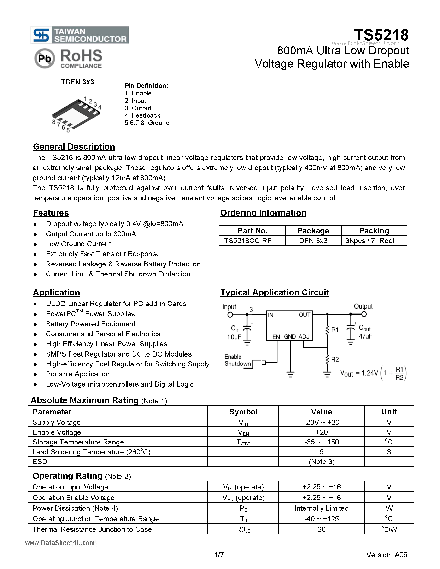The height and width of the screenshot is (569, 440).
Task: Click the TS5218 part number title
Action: [381, 35]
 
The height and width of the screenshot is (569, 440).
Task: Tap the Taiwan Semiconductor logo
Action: [80, 35]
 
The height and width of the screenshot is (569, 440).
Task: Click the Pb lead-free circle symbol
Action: [45, 59]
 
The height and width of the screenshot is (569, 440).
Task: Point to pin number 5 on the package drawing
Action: [68, 130]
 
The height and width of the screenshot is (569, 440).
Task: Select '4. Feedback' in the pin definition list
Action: [142, 115]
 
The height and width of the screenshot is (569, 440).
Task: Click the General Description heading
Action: [74, 147]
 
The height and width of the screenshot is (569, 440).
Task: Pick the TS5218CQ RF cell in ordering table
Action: [248, 241]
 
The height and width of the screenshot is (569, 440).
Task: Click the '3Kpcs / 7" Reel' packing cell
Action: [369, 241]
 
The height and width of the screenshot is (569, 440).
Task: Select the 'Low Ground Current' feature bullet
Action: [78, 244]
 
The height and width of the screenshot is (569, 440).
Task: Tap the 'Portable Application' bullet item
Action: [78, 374]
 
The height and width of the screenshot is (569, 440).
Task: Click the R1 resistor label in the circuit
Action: [335, 330]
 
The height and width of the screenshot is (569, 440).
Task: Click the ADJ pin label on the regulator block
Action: [304, 337]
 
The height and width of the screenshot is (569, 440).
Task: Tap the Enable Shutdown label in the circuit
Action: [237, 360]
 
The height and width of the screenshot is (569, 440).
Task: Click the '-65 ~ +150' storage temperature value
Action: [321, 442]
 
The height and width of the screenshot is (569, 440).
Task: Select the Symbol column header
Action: [243, 412]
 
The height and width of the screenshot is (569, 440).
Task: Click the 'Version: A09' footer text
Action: [387, 555]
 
